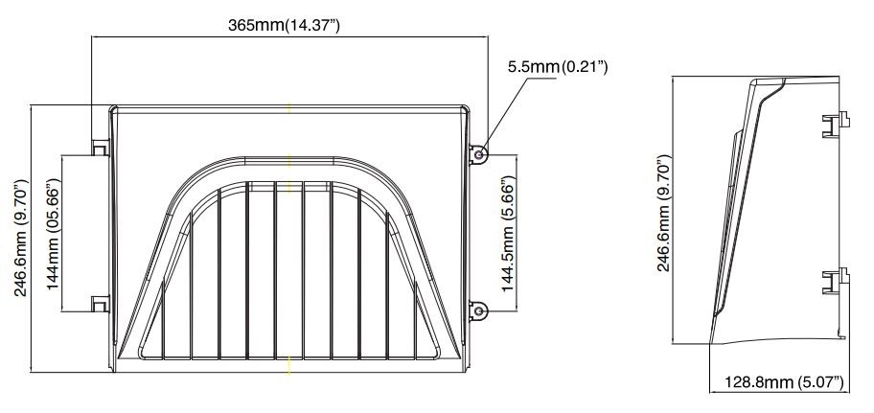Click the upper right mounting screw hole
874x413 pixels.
click(x=479, y=151)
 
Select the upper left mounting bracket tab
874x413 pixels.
click(x=99, y=147)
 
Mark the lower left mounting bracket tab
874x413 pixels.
click(x=99, y=304)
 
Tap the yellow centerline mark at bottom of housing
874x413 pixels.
click(x=289, y=363)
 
